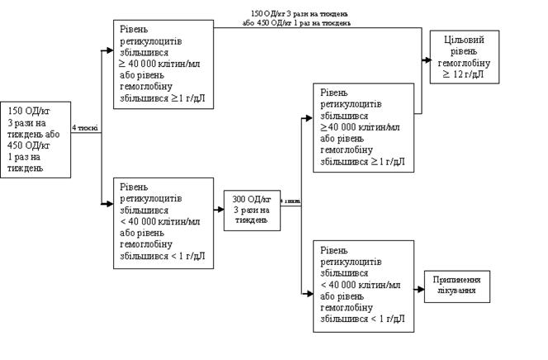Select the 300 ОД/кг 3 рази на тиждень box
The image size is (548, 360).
(x=251, y=210)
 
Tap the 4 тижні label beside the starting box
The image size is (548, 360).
(x=84, y=128)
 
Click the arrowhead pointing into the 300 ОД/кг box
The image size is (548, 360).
(x=220, y=210)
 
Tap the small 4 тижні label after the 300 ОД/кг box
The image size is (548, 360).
(x=291, y=201)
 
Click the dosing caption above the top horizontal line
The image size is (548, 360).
(x=300, y=18)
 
